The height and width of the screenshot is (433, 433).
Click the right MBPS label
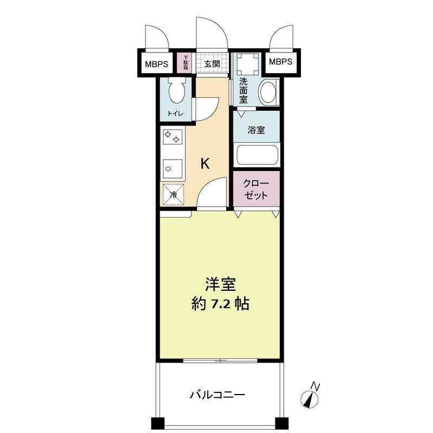coord(280,62)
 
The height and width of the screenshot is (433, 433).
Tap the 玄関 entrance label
coord(212,63)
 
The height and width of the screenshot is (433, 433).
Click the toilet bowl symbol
coord(176,91)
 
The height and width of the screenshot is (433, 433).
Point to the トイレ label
coord(175,114)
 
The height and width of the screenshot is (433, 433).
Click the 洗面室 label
coord(244,91)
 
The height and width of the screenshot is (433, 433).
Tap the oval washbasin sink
coord(268,92)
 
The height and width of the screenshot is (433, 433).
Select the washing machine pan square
coord(248,65)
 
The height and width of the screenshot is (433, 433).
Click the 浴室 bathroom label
coord(257,130)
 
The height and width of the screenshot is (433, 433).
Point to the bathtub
coord(257,156)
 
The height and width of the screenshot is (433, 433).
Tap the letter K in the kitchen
coord(206,163)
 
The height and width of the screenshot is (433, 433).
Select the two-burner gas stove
coord(173,139)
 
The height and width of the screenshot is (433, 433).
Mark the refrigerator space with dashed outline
coord(173,194)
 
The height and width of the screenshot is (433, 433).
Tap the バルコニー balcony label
coord(218,394)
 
